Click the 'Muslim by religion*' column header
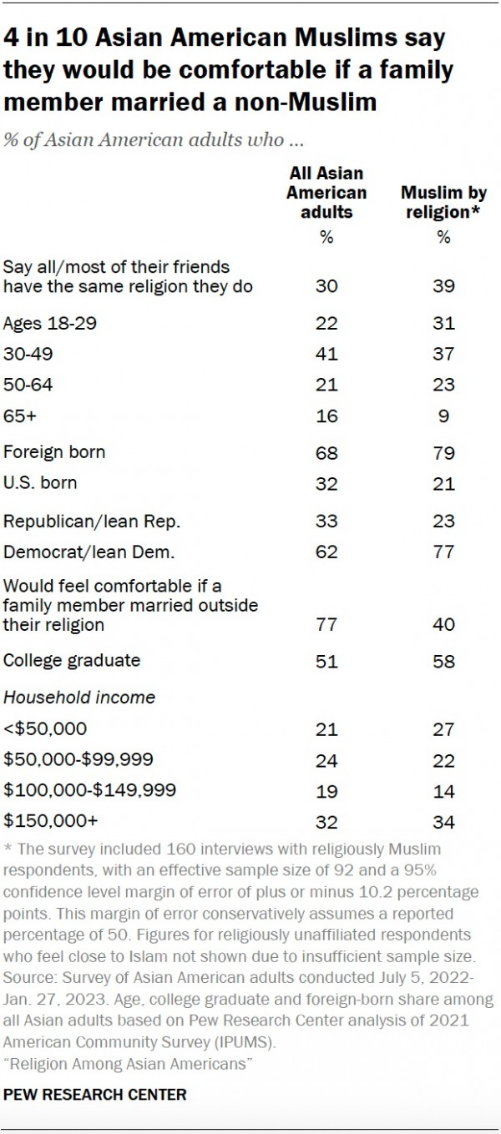[x=443, y=203]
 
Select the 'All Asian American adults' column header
[x=326, y=193]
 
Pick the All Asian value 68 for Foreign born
[x=327, y=452]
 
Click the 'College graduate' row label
[x=72, y=660]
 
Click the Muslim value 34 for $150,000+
[x=443, y=823]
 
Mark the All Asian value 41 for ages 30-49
[x=327, y=355]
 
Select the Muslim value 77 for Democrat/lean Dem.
[x=443, y=552]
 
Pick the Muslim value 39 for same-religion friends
[x=443, y=286]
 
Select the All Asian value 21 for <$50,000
[x=327, y=729]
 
